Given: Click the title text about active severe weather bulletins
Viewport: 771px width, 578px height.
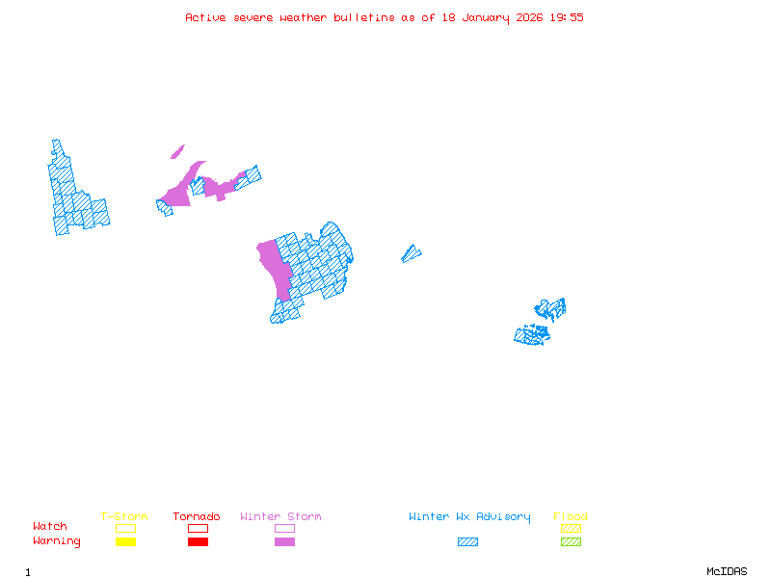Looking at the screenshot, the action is pos(385,17).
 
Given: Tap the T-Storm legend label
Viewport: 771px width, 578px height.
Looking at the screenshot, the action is pos(124,517).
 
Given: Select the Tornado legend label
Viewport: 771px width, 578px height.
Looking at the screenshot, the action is pos(197,517).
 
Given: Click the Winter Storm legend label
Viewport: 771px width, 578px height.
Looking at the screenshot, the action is pos(280,517).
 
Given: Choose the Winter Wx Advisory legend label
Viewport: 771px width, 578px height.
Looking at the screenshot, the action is pos(469,517).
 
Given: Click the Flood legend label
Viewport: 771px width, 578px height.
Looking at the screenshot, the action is pos(570,517).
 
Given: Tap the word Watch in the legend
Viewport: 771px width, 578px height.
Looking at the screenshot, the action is pos(50,527).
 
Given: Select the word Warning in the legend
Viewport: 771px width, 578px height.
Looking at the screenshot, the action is pos(57,541).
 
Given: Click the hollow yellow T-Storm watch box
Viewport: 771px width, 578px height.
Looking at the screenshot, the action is pos(125,528).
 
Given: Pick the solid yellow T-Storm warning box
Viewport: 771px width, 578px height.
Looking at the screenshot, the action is pos(125,542).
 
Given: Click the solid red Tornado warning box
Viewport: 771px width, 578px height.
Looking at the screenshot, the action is pos(198,542).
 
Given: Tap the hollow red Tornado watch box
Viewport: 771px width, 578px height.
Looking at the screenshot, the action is pos(198,528).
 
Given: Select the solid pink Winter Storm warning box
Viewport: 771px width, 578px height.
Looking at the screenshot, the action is pos(284,542).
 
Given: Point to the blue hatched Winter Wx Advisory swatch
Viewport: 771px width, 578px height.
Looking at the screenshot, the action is pos(467,542).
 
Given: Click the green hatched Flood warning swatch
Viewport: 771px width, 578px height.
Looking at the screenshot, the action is pos(571,542).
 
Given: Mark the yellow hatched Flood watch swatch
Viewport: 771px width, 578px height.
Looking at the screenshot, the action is pos(571,528).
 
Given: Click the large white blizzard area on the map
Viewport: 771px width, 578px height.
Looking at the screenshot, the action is pos(38,197).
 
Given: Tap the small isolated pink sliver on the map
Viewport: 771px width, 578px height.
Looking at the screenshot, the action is pos(177,151).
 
